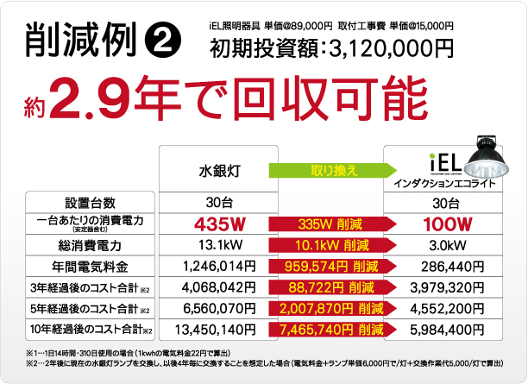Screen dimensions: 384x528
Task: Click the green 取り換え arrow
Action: coord(328,171)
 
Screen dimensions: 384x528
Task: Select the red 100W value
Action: coord(448,224)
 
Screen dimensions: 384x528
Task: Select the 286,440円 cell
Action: coord(448,266)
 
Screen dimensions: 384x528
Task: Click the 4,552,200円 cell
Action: coord(448,307)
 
